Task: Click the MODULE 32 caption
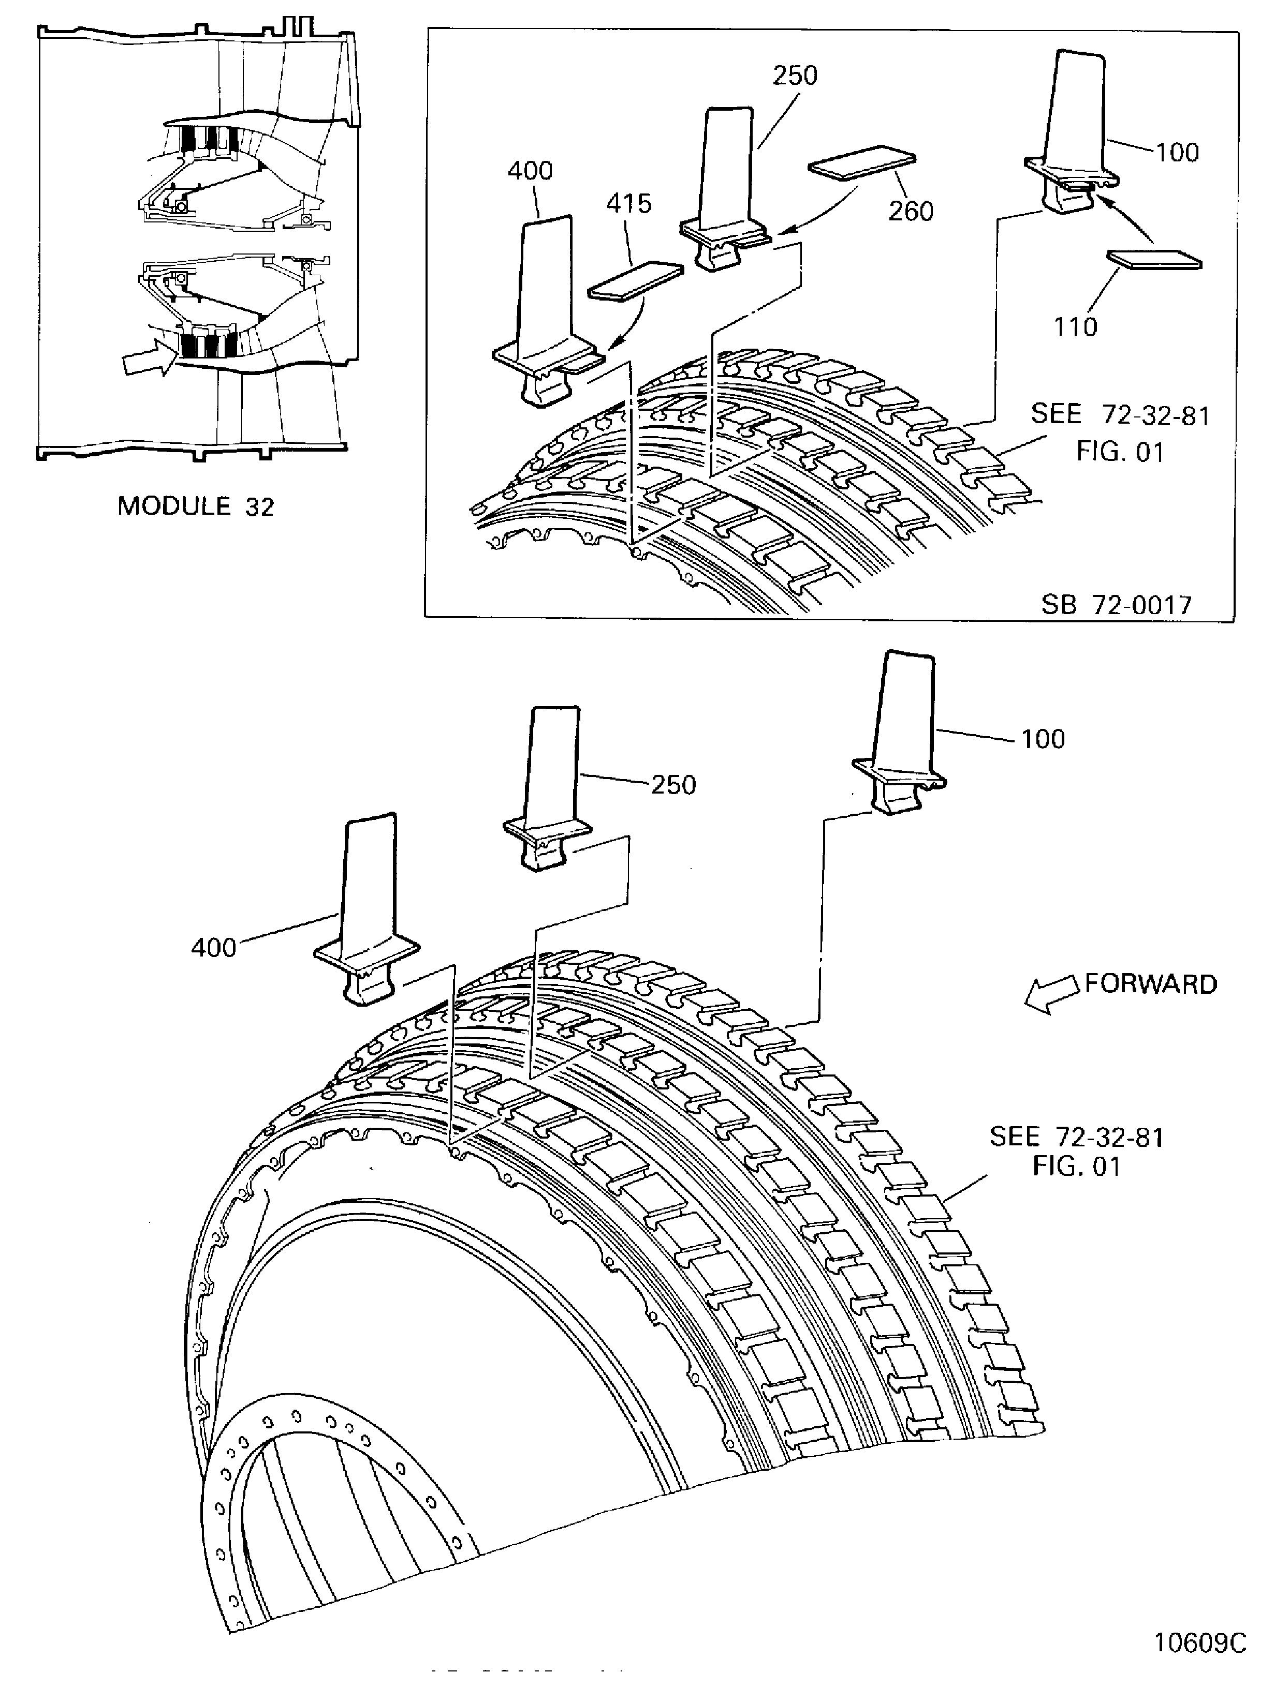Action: (x=196, y=506)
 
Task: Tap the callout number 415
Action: (x=629, y=204)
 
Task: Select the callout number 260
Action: (x=910, y=212)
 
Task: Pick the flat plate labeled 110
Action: (x=1153, y=260)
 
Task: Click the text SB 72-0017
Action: (x=1116, y=605)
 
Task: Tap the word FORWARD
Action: (x=1151, y=984)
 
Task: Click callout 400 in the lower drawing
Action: (x=213, y=948)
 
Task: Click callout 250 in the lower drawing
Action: (x=672, y=785)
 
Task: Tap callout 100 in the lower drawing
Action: (x=1043, y=739)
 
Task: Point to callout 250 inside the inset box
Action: (x=795, y=76)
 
